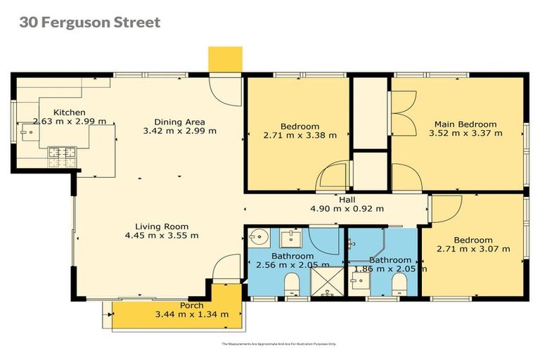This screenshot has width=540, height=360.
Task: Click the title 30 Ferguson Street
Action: pyautogui.click(x=90, y=22)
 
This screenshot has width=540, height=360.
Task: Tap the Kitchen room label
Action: pyautogui.click(x=70, y=112)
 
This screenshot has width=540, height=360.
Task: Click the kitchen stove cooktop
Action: pyautogui.click(x=62, y=152)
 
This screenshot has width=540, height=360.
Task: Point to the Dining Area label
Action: pyautogui.click(x=179, y=121)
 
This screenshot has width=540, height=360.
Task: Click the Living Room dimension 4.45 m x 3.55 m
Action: pyautogui.click(x=162, y=236)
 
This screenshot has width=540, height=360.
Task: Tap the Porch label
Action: pyautogui.click(x=191, y=305)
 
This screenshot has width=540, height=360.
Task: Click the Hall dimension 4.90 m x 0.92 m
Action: pyautogui.click(x=347, y=208)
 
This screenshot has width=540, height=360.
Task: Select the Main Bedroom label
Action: pyautogui.click(x=465, y=124)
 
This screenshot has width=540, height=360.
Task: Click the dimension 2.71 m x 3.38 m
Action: pyautogui.click(x=300, y=135)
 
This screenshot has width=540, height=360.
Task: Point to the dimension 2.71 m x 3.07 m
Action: pyautogui.click(x=473, y=248)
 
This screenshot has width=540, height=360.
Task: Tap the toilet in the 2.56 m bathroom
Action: pyautogui.click(x=292, y=285)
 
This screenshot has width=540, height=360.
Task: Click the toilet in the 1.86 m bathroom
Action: pyautogui.click(x=399, y=285)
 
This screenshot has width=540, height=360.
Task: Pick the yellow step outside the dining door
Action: pyautogui.click(x=225, y=58)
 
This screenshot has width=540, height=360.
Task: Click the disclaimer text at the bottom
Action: pyautogui.click(x=279, y=344)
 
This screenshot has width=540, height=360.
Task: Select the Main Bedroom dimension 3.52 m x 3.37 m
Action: pyautogui.click(x=468, y=133)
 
